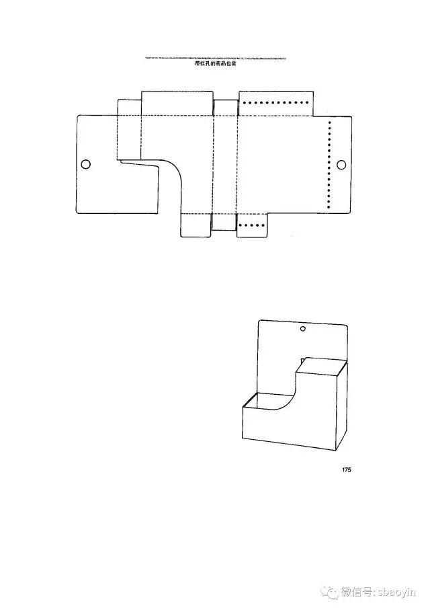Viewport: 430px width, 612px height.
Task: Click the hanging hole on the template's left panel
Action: click(85, 164)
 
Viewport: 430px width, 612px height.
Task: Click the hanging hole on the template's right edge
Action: click(341, 165)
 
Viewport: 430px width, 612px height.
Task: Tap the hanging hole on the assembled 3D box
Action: click(302, 330)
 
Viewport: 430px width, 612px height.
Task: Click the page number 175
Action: click(346, 470)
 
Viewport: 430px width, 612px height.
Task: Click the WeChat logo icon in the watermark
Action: click(329, 591)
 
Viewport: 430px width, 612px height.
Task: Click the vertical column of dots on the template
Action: click(329, 165)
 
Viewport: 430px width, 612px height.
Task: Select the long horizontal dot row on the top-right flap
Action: click(275, 103)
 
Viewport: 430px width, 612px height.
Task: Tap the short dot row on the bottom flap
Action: click(252, 225)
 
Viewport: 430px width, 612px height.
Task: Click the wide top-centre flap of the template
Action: click(177, 103)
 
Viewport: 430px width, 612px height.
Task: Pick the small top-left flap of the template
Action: click(129, 108)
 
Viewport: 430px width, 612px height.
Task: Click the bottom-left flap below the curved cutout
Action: click(196, 225)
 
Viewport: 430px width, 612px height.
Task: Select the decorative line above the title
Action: click(214, 59)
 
